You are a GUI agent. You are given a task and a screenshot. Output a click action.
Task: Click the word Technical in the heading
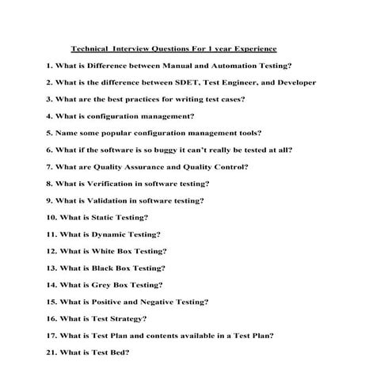pos(89,48)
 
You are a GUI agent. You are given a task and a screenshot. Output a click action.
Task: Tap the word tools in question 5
pos(247,132)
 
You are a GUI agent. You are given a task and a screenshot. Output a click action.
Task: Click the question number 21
pos(51,352)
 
